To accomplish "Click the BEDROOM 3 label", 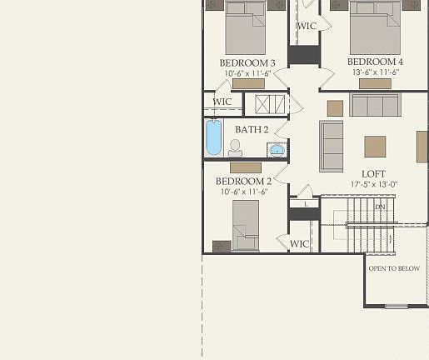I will (x=247, y=63).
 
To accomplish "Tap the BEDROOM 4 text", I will (x=375, y=62).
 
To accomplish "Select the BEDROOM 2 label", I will (x=244, y=182).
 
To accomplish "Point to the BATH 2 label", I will (x=252, y=130).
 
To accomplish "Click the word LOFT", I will (x=374, y=174).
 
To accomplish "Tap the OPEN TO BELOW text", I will (x=394, y=268).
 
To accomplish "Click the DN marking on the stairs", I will (x=380, y=207).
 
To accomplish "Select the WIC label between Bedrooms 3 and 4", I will (x=307, y=27).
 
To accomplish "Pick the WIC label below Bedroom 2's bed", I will (x=299, y=244).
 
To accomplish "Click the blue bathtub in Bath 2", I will (x=214, y=138).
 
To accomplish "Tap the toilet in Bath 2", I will (x=235, y=148).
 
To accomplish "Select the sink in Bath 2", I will (x=276, y=151).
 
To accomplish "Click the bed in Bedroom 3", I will (x=246, y=31).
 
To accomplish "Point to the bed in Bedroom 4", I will (x=375, y=29).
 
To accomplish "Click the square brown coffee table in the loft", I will (x=375, y=147).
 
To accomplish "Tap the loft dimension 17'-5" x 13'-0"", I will (x=374, y=185).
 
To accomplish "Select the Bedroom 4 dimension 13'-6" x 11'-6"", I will (x=374, y=72).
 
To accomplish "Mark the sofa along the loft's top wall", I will (x=375, y=105).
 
